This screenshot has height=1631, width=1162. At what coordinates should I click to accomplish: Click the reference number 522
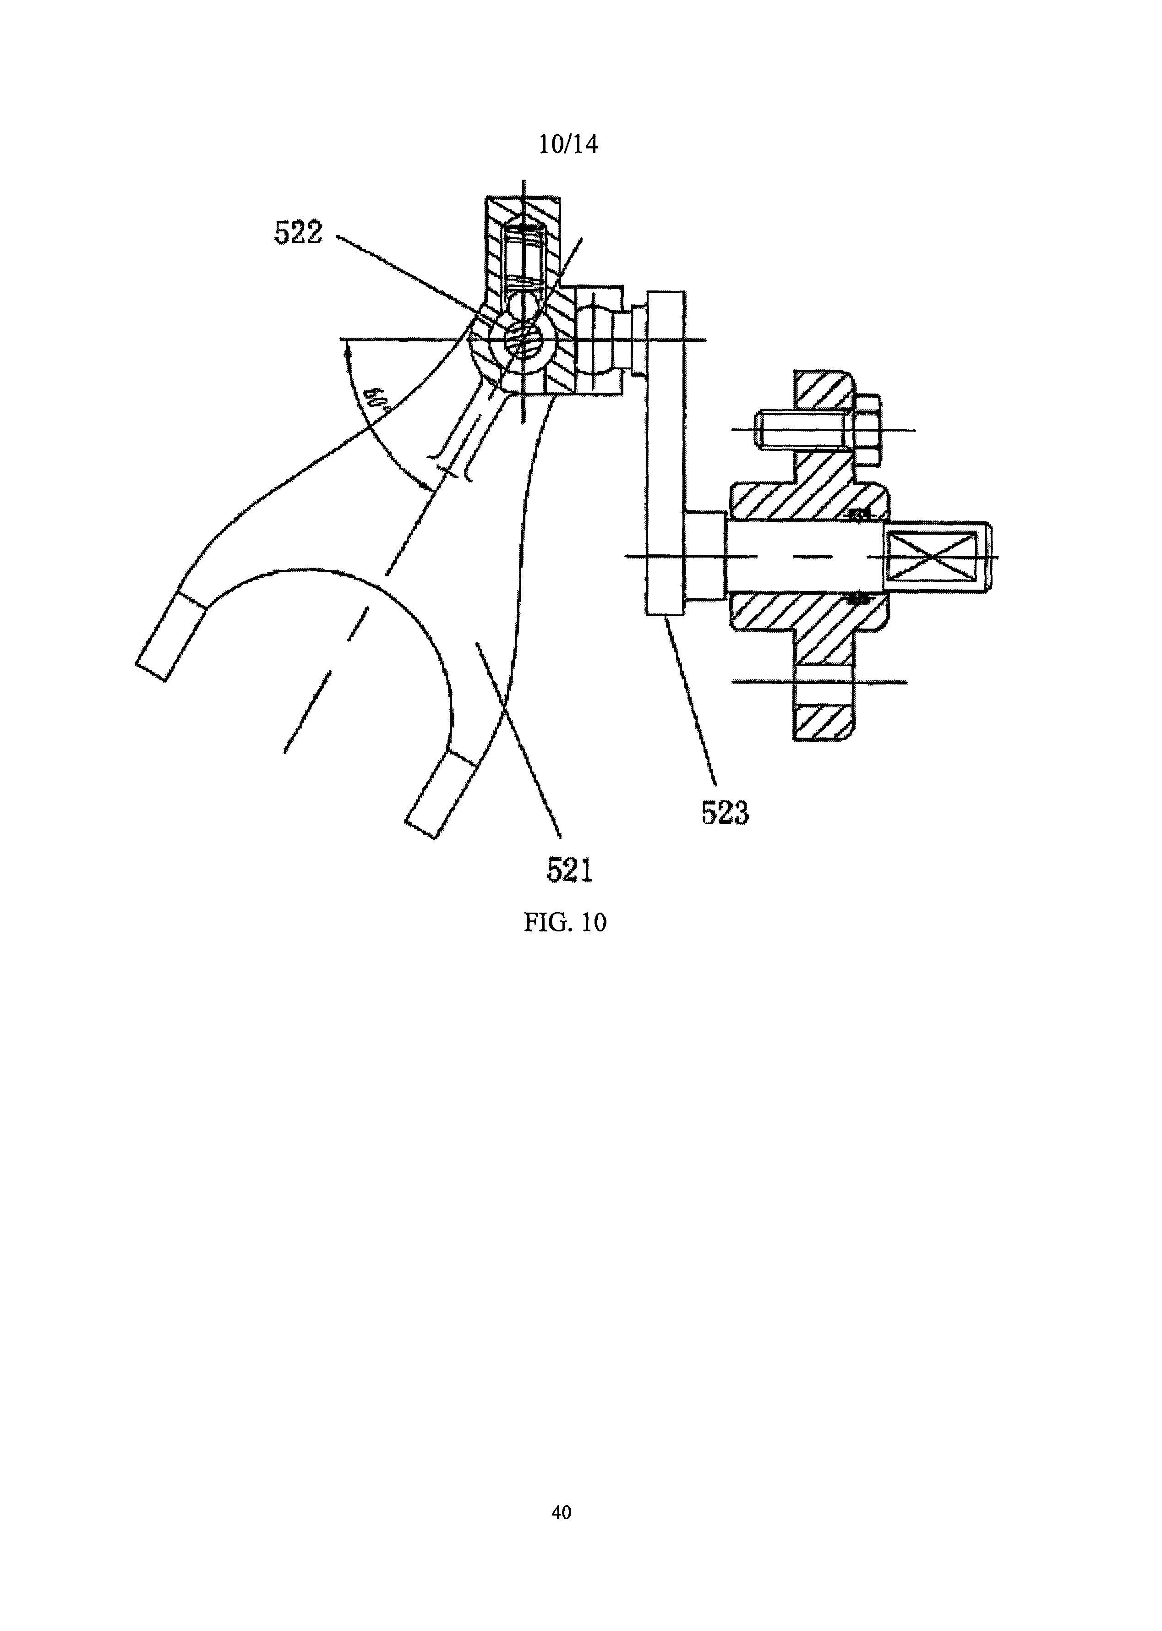coord(298,233)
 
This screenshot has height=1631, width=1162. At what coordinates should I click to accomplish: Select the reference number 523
coord(725,813)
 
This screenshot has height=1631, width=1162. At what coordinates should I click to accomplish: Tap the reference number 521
coord(570,870)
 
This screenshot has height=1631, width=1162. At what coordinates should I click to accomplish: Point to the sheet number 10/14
coord(568,145)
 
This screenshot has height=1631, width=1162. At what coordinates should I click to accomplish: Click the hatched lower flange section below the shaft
coord(823,723)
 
